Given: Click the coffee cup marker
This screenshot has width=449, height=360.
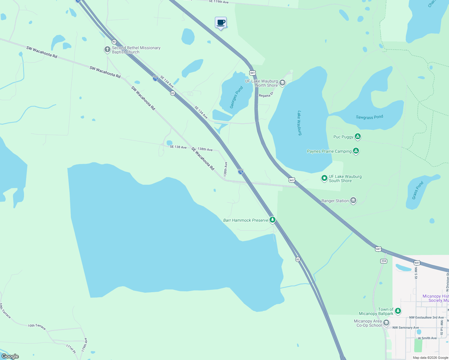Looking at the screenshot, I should [221, 23].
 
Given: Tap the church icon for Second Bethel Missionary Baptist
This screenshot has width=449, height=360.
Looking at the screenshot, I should [107, 49].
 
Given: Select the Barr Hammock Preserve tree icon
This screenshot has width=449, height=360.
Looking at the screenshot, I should [272, 220].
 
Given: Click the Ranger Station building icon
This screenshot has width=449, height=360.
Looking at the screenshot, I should [353, 201].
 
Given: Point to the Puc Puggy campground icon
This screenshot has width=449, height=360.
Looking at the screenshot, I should [357, 137].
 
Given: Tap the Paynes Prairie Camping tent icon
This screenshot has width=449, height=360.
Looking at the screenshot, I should [356, 151].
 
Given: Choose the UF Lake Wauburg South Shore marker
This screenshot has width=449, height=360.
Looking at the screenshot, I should [324, 178].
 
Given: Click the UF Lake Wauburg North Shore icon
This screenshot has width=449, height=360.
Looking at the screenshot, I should [282, 83].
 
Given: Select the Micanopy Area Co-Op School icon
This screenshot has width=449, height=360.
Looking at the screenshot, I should [386, 323].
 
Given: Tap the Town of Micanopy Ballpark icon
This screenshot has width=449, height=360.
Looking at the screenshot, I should [398, 311].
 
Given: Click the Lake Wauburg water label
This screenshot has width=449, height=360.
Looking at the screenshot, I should [299, 123].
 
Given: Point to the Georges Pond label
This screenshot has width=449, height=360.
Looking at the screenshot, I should [236, 97].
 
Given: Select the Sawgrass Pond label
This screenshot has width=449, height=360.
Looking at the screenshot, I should [369, 117].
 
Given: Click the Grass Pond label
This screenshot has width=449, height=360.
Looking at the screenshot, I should [417, 190].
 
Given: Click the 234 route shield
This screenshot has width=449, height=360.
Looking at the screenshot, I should [384, 261].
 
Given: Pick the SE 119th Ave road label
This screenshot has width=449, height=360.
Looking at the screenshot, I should [218, 2].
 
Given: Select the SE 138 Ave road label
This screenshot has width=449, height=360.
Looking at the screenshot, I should [178, 147].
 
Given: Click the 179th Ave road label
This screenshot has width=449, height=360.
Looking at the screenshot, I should [85, 345].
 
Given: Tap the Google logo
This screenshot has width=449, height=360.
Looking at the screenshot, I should [10, 356].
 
